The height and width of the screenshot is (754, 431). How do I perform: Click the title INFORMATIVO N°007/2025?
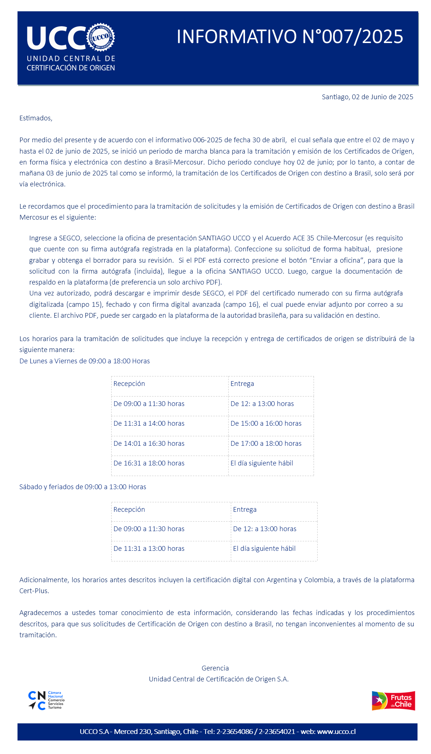coord(290,36)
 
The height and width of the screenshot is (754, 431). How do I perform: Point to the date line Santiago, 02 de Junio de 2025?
coord(367,97)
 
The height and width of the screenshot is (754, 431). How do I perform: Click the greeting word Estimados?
coord(36,118)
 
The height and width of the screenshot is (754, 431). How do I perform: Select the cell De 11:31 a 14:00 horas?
coord(149,424)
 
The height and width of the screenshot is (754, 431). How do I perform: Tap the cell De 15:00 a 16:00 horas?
coord(266,424)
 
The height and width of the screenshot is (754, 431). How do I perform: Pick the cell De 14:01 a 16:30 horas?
coord(149,444)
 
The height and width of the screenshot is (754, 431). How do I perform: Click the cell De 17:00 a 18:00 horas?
coord(266,444)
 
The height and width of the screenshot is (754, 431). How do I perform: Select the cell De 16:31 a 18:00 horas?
coord(149,463)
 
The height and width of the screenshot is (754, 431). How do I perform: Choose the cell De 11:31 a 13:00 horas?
coord(149,549)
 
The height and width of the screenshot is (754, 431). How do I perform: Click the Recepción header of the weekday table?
coord(129,384)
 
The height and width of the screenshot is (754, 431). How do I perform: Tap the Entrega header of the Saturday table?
coord(245,510)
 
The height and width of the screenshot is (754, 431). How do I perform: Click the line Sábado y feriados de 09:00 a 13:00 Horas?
coord(83,487)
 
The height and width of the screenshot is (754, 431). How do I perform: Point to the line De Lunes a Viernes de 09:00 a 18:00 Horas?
coord(85,361)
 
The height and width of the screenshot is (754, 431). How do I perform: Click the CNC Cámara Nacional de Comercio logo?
coord(46,700)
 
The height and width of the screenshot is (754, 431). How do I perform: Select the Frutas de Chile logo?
coord(393,700)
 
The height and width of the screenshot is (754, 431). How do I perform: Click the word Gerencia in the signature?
coord(215,668)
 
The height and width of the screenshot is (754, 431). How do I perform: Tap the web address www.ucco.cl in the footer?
coord(336,732)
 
